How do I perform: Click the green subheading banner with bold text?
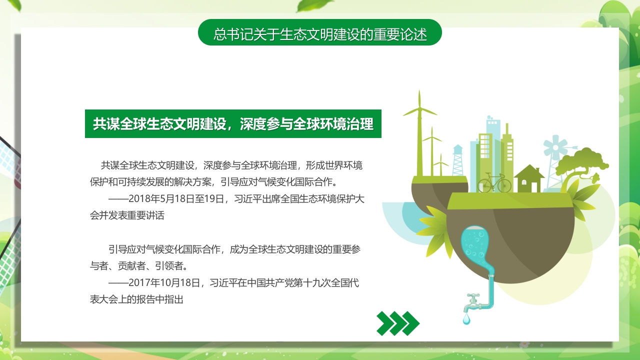coord(233,124)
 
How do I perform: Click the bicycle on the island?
coord(494,183)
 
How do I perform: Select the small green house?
coord(528,178)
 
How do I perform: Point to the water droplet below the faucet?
coord(466,318)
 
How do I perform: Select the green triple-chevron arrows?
coord(398,323)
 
